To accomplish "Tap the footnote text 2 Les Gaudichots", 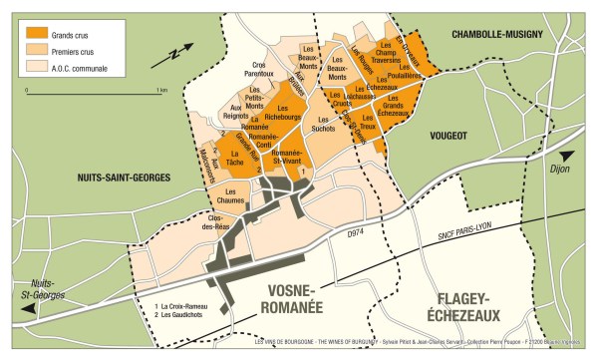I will click(x=190, y=315).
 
